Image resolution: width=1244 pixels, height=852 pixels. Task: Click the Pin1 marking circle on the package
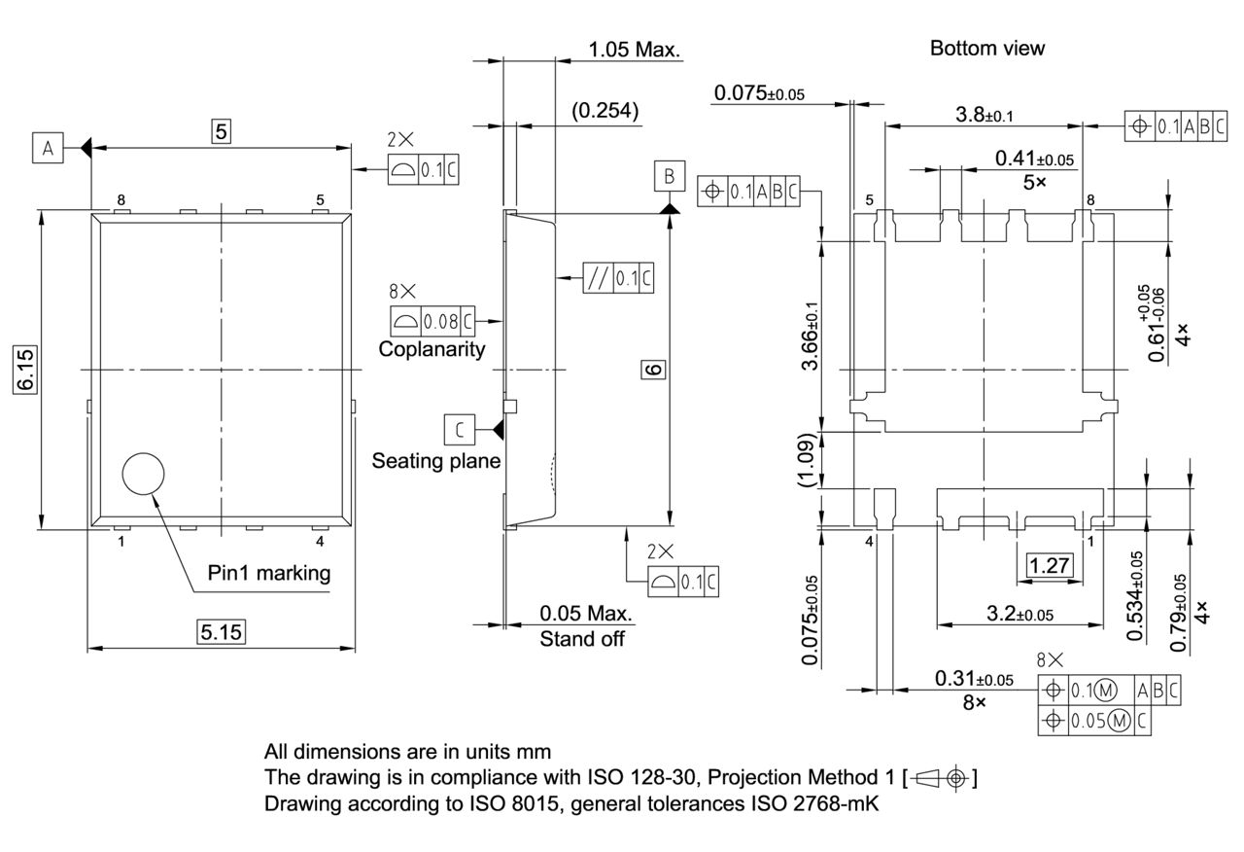pyautogui.click(x=144, y=474)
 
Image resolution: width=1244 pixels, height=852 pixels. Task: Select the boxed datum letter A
pyautogui.click(x=47, y=148)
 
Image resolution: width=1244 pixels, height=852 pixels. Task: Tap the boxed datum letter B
pyautogui.click(x=669, y=176)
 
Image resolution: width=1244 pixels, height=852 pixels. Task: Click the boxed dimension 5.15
pyautogui.click(x=222, y=633)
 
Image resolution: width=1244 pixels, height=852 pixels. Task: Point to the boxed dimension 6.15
pyautogui.click(x=25, y=370)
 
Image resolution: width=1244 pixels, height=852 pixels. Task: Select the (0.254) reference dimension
pyautogui.click(x=605, y=111)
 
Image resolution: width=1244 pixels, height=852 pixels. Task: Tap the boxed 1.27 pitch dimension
pyautogui.click(x=1050, y=565)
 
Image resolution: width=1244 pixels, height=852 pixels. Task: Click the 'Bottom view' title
pyautogui.click(x=986, y=49)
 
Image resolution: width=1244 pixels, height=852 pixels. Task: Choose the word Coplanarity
pyautogui.click(x=432, y=350)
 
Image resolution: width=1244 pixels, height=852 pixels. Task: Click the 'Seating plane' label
pyautogui.click(x=435, y=461)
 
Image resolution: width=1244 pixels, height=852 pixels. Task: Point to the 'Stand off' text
pyautogui.click(x=582, y=639)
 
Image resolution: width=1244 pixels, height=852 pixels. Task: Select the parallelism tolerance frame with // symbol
pyautogui.click(x=618, y=279)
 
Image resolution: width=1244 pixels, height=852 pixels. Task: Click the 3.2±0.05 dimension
pyautogui.click(x=1020, y=614)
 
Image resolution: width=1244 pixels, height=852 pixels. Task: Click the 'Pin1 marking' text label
pyautogui.click(x=269, y=573)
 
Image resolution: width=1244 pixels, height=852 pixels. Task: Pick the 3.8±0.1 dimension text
pyautogui.click(x=984, y=115)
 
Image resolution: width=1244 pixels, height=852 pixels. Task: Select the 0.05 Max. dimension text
pyautogui.click(x=585, y=614)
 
